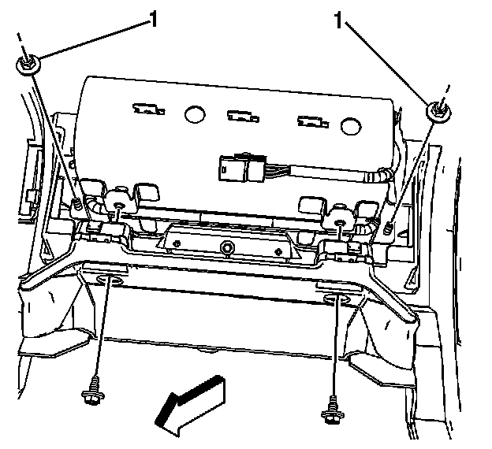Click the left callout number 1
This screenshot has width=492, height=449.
pyautogui.click(x=153, y=18)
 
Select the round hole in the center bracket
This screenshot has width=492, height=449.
pyautogui.click(x=227, y=250)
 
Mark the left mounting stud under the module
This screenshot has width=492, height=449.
pyautogui.click(x=118, y=207)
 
